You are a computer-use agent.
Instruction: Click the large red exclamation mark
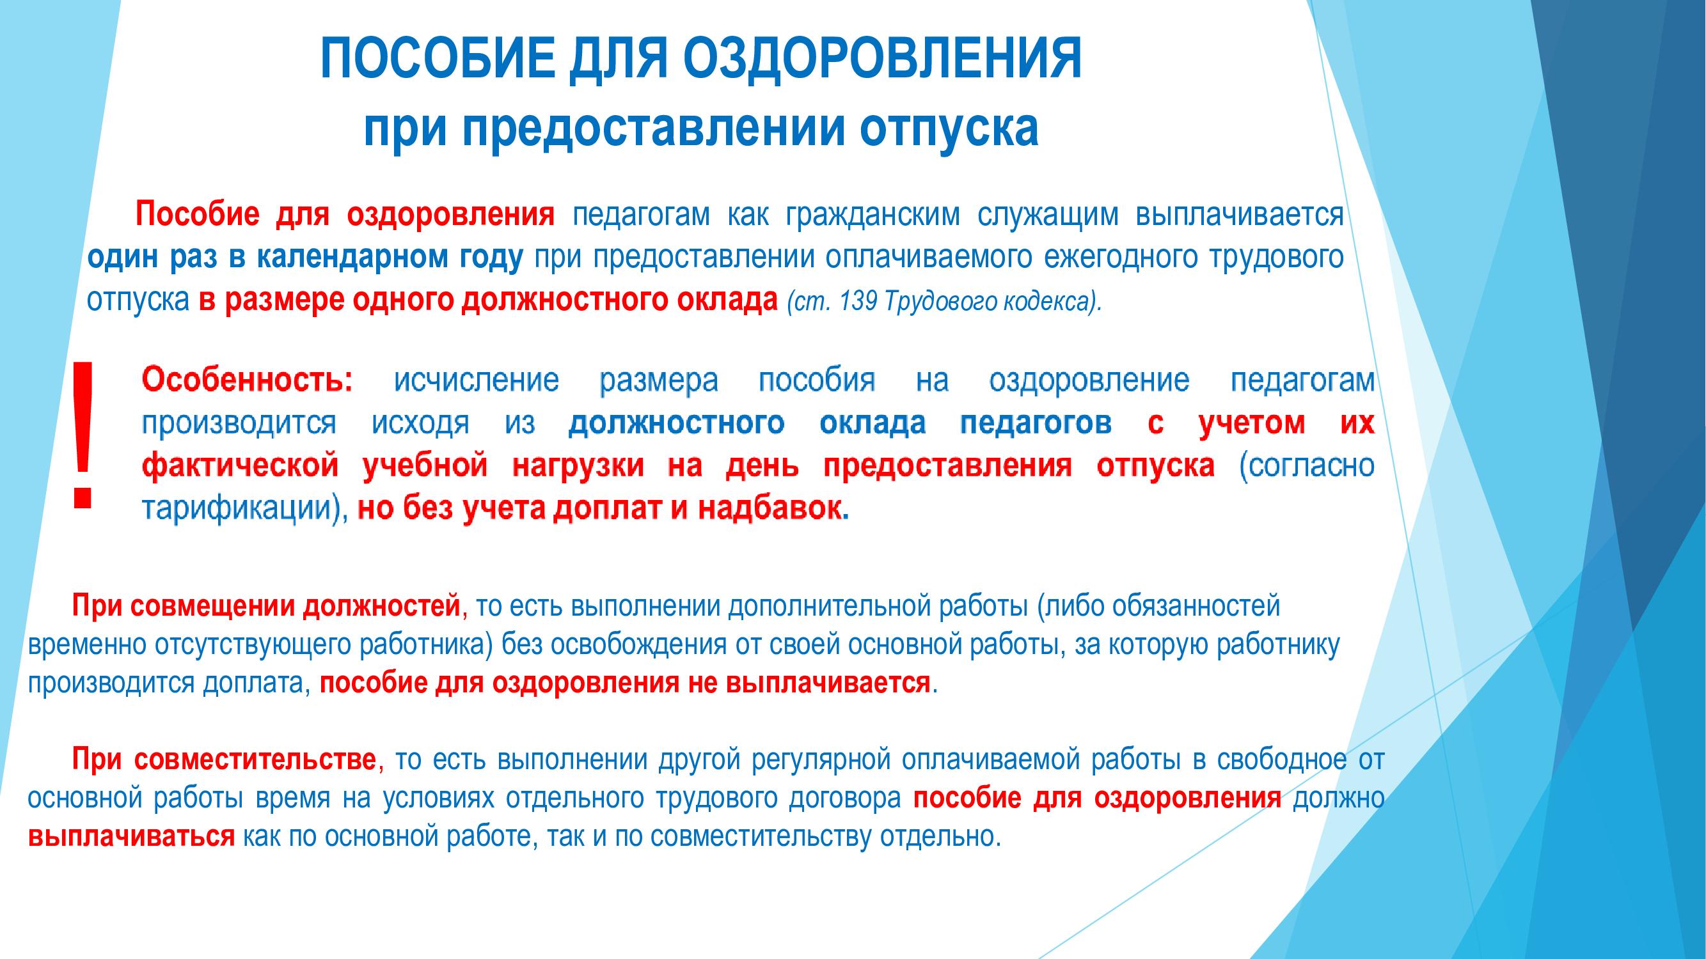(82, 435)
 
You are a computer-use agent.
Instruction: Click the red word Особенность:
(248, 380)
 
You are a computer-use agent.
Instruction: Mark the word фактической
(241, 465)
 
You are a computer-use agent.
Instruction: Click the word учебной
(425, 465)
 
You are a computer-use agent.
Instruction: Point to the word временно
(88, 644)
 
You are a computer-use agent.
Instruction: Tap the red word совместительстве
(255, 759)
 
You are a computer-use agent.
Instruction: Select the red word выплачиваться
(131, 836)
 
